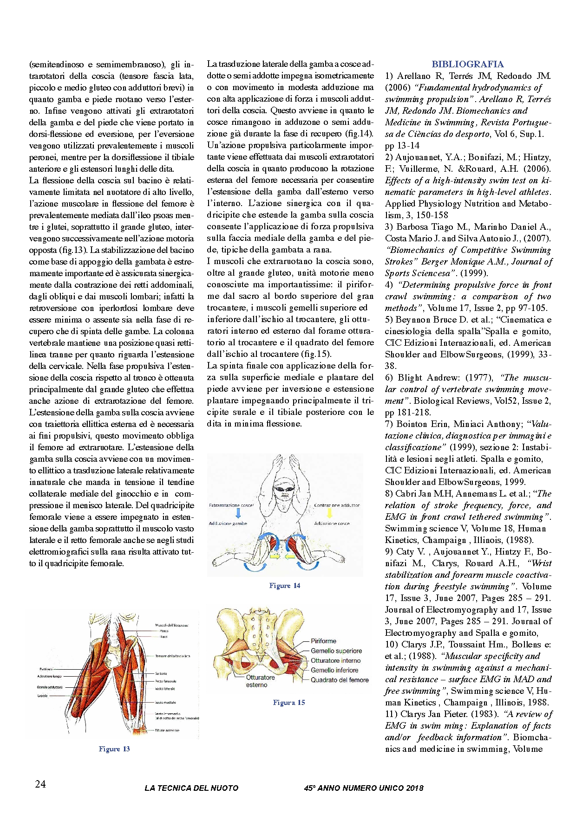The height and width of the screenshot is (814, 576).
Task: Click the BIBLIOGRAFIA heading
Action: coord(467,65)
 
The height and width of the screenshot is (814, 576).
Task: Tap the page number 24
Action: coord(40,784)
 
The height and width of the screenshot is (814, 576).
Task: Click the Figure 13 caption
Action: coord(114,749)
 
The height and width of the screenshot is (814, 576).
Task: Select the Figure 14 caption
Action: coord(285,586)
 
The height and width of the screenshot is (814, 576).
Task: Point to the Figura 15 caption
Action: coord(289,703)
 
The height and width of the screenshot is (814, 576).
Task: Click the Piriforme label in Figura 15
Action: coord(323,641)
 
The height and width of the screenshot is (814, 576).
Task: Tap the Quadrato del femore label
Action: coord(340,680)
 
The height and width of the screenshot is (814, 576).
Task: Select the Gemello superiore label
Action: coord(336,651)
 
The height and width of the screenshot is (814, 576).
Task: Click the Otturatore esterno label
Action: coord(260,681)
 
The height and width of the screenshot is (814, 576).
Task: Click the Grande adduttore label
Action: coord(50,687)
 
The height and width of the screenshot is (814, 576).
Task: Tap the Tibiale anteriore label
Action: coord(167,730)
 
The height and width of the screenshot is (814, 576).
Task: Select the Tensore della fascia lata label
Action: coord(172,656)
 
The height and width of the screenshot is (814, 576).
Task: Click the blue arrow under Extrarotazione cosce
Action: coord(238,513)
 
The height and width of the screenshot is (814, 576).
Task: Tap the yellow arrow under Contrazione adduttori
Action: coord(330,513)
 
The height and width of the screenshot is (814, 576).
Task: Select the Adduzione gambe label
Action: coord(228,523)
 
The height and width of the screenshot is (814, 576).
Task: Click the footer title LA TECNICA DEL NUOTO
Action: coord(191,788)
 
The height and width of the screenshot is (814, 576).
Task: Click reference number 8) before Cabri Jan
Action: coord(389,494)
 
